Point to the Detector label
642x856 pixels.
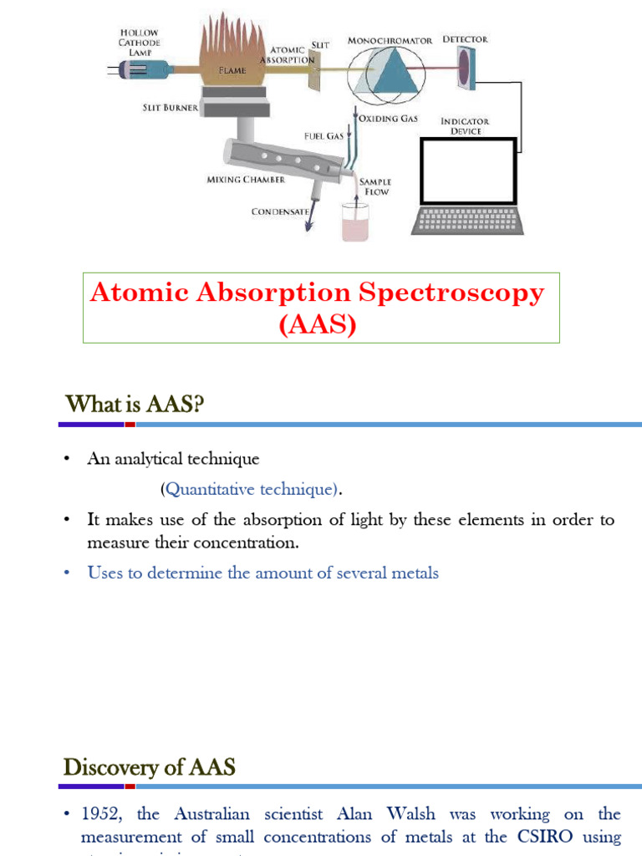(466, 39)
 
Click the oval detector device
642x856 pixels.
(465, 67)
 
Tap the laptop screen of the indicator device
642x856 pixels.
(467, 171)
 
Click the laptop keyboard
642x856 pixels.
(468, 220)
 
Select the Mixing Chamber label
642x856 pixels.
(246, 180)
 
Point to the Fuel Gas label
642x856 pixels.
(324, 135)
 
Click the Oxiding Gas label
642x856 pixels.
(388, 119)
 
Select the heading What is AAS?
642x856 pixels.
(135, 405)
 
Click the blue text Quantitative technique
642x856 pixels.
(251, 488)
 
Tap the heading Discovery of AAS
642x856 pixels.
(150, 767)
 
